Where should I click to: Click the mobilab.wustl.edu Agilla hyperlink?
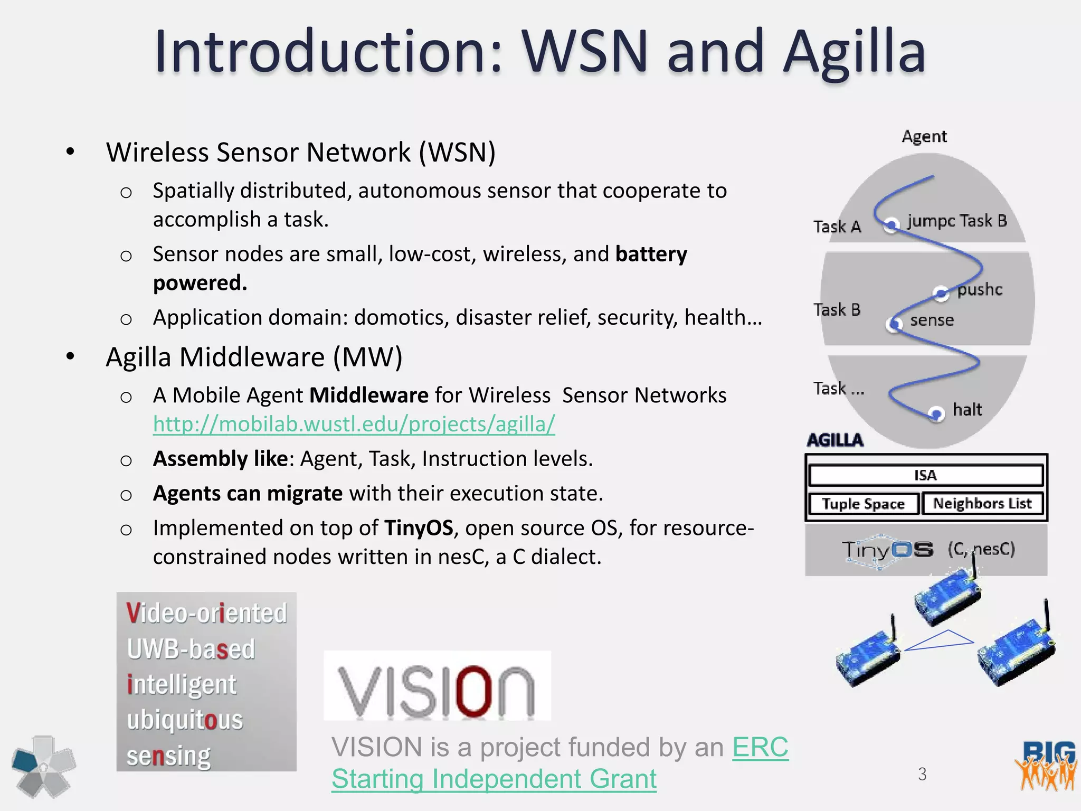coord(354,424)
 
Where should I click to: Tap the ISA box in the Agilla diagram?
coord(925,475)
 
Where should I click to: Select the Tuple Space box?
coord(863,504)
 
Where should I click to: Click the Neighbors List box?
coord(982,503)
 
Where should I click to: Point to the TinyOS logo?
coord(887,550)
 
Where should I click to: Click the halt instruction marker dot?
coord(936,413)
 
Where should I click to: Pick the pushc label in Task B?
coord(980,290)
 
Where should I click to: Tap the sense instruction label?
coord(932,320)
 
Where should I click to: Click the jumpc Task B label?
coord(957,221)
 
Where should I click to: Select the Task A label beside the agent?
coord(837,227)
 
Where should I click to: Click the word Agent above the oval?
coord(924,137)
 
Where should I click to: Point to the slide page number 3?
coord(922,774)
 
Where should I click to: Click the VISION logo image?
coord(437,685)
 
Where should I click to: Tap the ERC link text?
coord(760,747)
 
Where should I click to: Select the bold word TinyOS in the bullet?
coord(419,528)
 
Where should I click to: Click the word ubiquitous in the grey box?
coord(185,720)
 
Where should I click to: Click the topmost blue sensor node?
coord(947,597)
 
